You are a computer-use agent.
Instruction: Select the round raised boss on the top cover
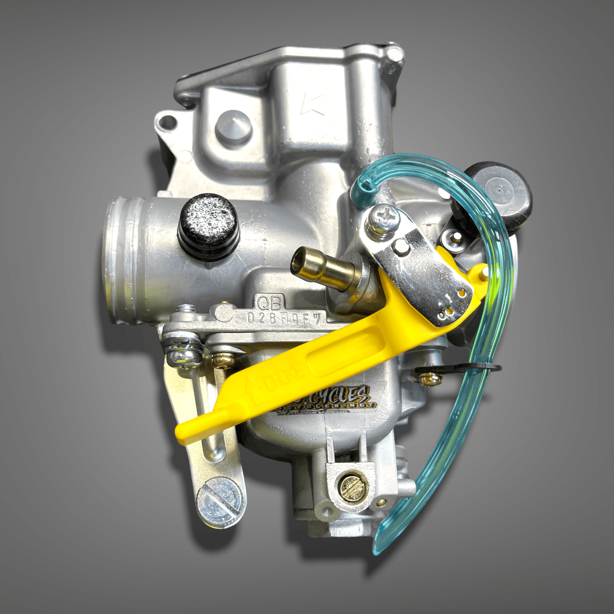click(x=233, y=126)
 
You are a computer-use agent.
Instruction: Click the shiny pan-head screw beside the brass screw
click(x=184, y=356)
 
